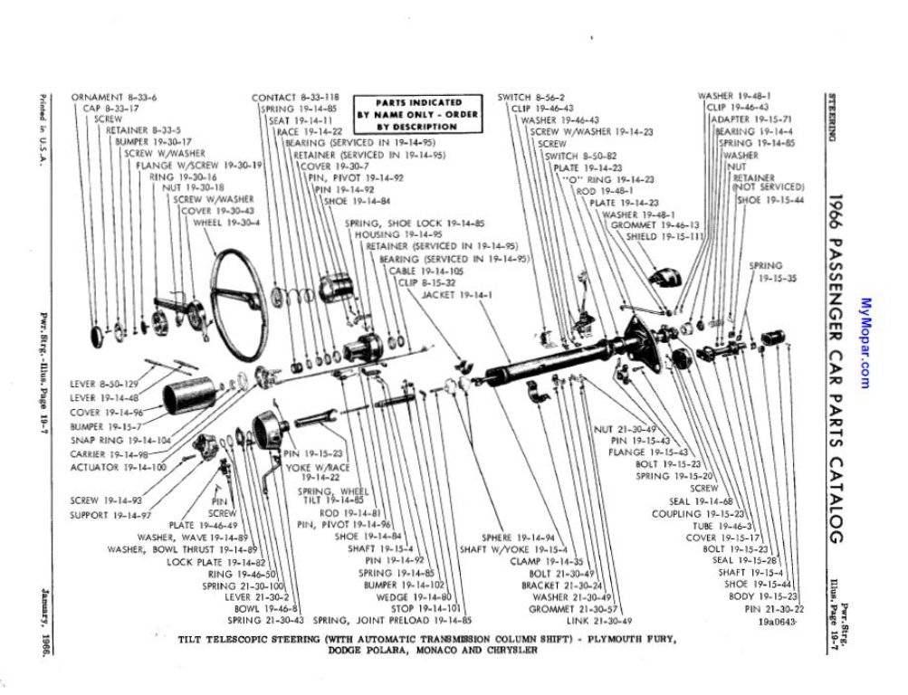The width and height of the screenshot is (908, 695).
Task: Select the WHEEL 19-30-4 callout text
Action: click(233, 222)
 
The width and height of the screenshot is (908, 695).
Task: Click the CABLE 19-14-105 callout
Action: click(426, 270)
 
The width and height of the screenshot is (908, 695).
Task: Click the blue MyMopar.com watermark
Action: click(865, 344)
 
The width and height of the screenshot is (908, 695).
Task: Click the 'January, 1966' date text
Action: click(43, 630)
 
